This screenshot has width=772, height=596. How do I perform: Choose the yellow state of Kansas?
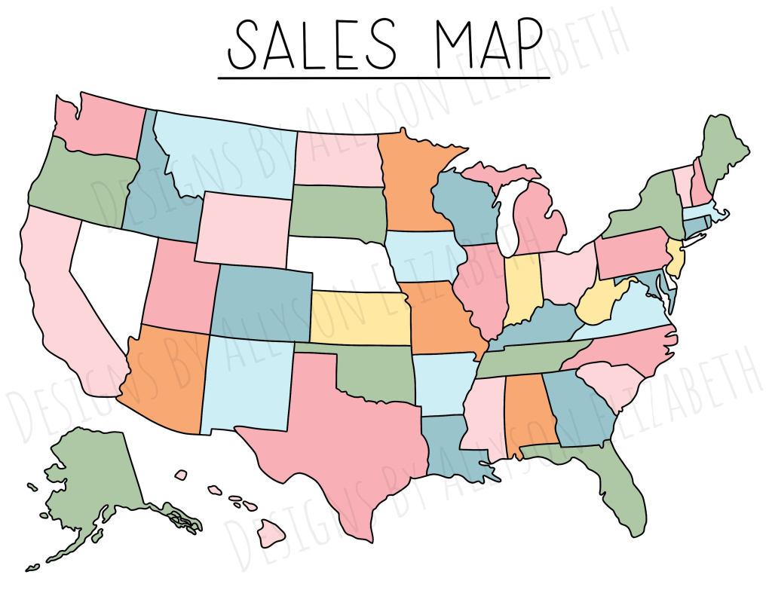(x=360, y=316)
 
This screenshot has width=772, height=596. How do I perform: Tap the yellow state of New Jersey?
(x=676, y=259)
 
